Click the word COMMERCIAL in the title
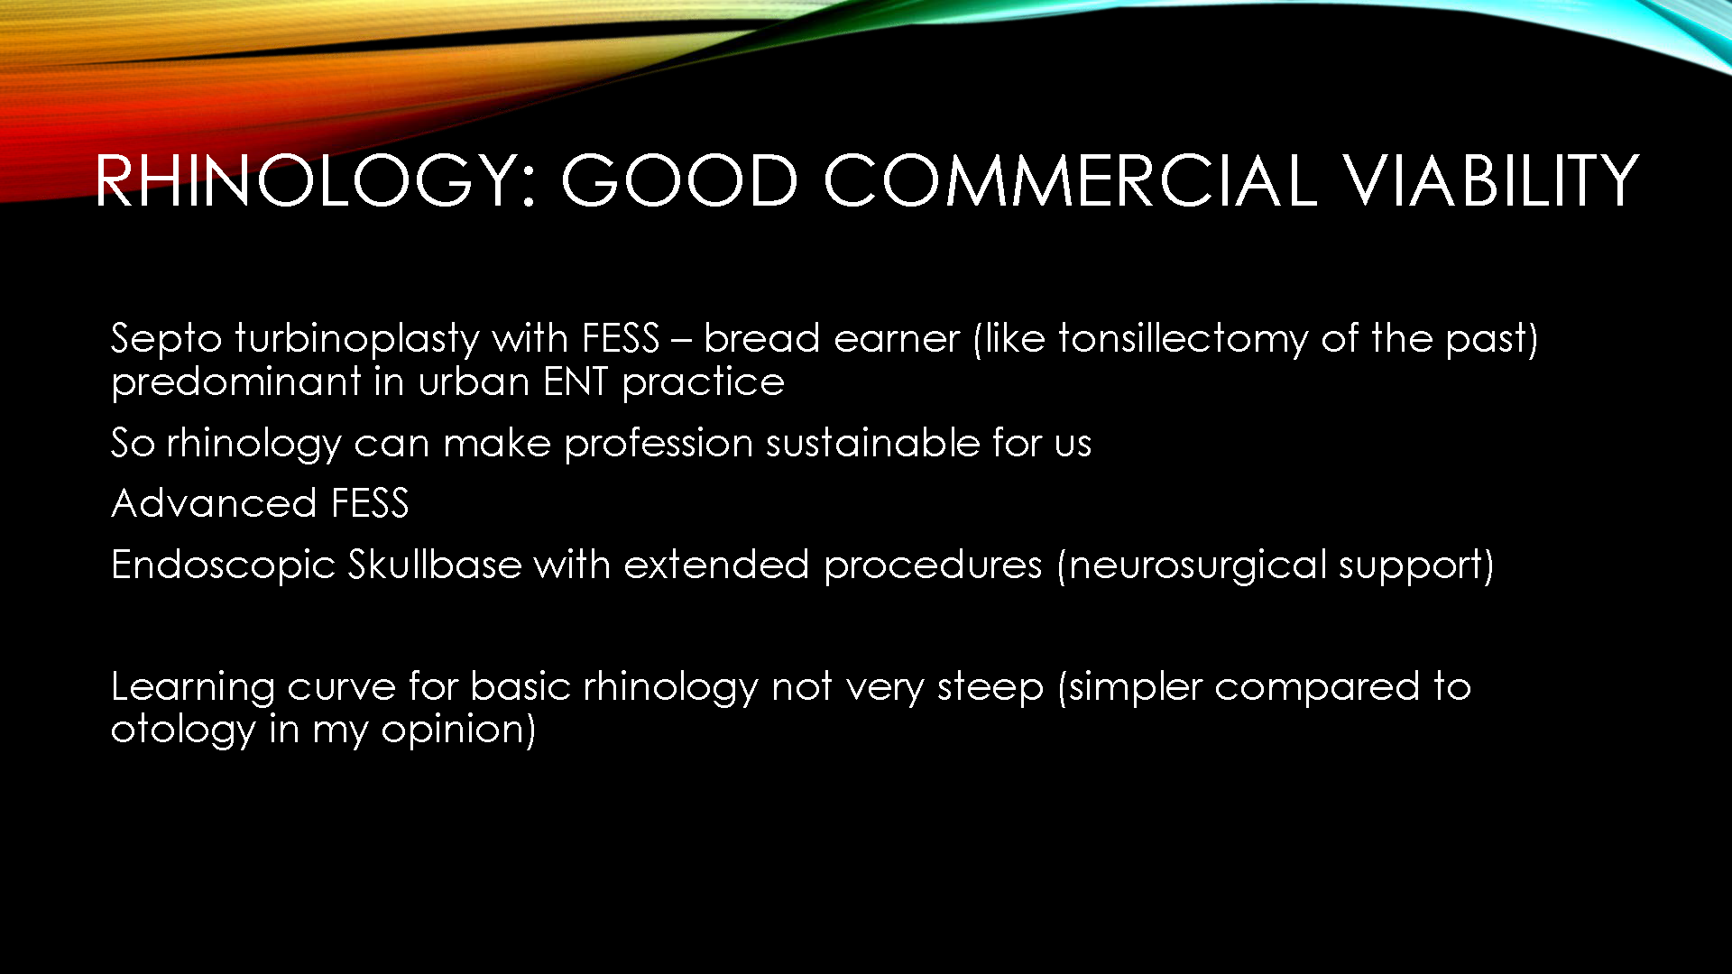tap(1070, 180)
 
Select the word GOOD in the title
tap(679, 180)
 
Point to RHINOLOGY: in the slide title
tap(315, 180)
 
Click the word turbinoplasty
tap(357, 340)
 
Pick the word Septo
tap(166, 339)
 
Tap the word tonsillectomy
tap(1183, 340)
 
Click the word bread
tap(761, 338)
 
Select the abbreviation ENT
tap(576, 381)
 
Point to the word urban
tap(474, 381)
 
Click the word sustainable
tap(871, 443)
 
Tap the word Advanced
tap(214, 503)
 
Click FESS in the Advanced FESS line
tap(370, 503)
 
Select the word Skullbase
tap(435, 565)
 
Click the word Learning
tap(193, 688)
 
